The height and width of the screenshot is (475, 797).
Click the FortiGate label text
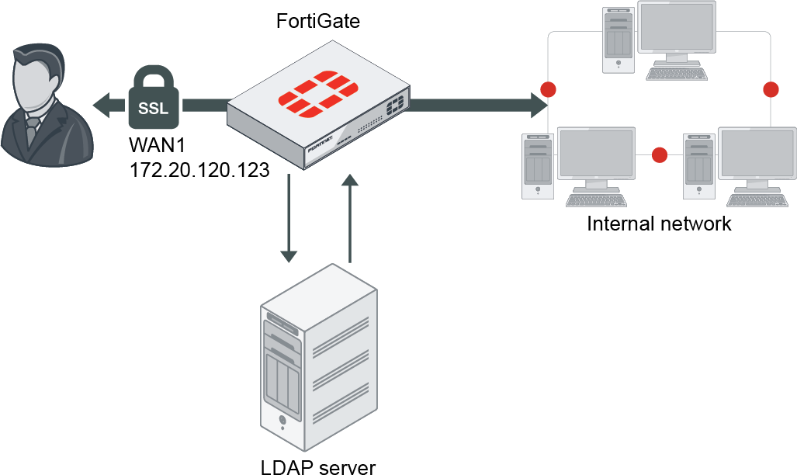click(x=318, y=21)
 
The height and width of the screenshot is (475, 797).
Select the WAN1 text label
click(x=158, y=146)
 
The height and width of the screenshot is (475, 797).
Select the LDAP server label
click(x=318, y=466)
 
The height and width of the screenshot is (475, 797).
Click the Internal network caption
click(x=659, y=224)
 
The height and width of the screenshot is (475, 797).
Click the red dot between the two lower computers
click(x=660, y=155)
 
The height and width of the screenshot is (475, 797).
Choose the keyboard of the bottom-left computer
click(x=595, y=200)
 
